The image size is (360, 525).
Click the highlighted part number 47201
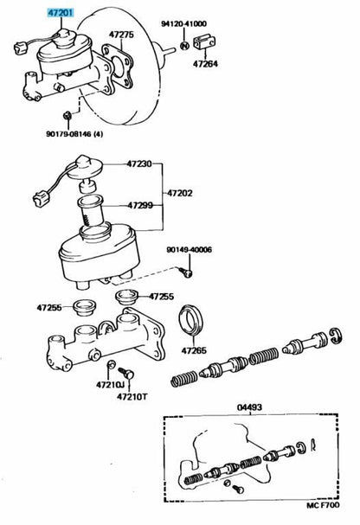tap(61, 13)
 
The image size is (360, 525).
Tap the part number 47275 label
tap(121, 35)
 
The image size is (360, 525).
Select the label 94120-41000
tap(183, 23)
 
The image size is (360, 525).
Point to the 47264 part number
tap(205, 64)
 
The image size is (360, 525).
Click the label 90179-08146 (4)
tap(74, 134)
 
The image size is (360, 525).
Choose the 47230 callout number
tap(139, 163)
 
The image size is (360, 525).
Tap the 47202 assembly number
tap(180, 193)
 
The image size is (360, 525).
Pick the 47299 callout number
tap(140, 205)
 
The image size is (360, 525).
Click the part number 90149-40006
tap(190, 250)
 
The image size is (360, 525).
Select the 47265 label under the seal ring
tap(194, 350)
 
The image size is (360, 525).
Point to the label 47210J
tap(110, 385)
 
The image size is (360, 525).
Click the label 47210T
tap(132, 397)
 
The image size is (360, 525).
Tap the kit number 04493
tap(250, 407)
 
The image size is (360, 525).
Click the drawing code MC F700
tap(323, 505)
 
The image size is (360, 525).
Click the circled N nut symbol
tap(185, 46)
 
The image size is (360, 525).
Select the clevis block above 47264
tap(204, 42)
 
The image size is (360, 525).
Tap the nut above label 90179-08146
tap(67, 116)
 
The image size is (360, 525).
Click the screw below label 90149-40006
tap(186, 272)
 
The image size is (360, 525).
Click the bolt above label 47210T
tap(126, 373)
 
